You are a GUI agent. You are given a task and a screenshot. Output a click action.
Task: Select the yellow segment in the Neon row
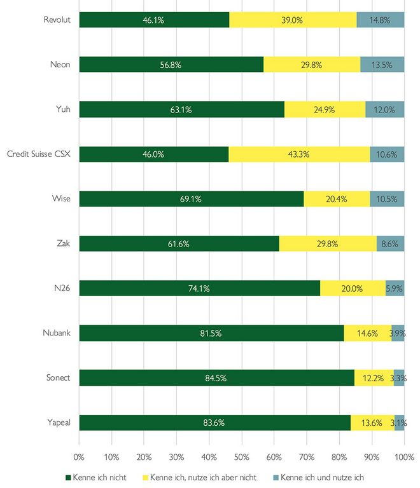312,64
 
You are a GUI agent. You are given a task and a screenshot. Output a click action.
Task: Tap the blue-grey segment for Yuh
385,109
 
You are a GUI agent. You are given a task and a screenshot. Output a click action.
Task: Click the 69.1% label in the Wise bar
191,199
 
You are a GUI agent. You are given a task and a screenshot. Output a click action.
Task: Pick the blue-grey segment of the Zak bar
390,243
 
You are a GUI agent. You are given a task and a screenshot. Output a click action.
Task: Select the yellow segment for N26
353,288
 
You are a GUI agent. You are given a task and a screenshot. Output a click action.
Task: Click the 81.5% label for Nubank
211,333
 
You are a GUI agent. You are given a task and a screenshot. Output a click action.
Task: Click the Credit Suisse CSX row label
38,154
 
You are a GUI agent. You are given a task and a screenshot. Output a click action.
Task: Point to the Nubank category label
57,333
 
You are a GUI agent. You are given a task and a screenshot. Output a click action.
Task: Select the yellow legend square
144,477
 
